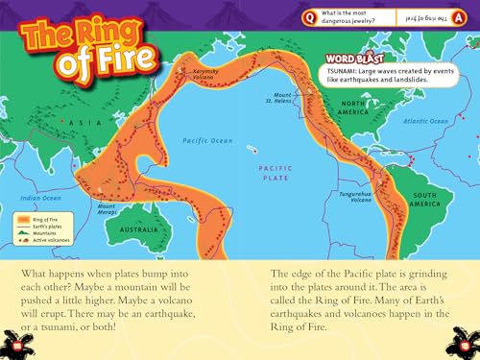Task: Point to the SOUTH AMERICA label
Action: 425,200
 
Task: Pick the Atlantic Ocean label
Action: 426,121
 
